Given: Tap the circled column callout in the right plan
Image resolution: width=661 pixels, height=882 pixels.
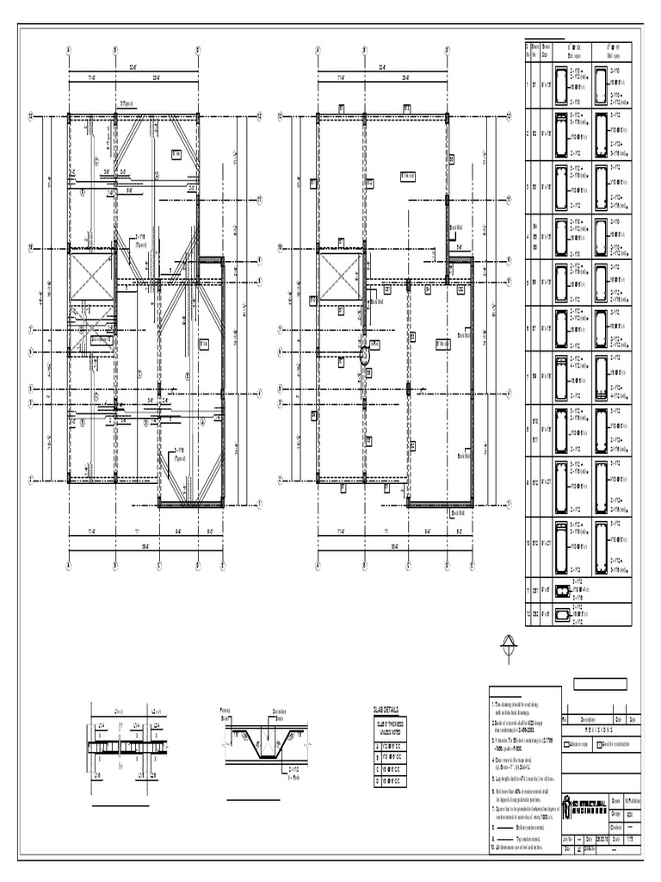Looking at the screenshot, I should [364, 353].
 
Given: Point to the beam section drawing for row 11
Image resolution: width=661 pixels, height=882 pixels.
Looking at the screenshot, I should [561, 590].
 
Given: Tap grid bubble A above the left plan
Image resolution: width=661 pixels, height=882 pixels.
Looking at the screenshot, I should [69, 49].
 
